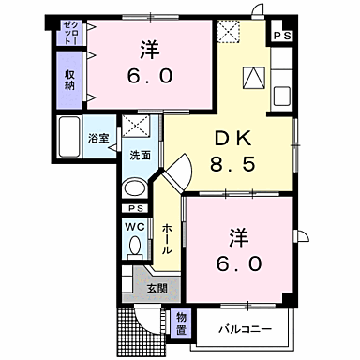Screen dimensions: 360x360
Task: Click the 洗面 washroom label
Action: pyautogui.click(x=139, y=156)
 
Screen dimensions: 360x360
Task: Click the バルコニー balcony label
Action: pyautogui.click(x=246, y=329)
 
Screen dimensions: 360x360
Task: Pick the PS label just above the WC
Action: pyautogui.click(x=135, y=208)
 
